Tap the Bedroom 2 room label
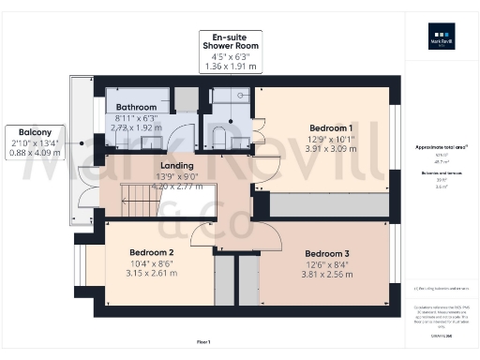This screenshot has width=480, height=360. pyautogui.click(x=152, y=253)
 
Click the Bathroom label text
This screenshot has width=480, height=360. pyautogui.click(x=136, y=107)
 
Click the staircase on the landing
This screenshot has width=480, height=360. pyautogui.click(x=141, y=198)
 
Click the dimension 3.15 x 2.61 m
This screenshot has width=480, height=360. pyautogui.click(x=152, y=274)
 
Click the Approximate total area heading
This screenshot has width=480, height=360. pyautogui.click(x=441, y=147)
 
